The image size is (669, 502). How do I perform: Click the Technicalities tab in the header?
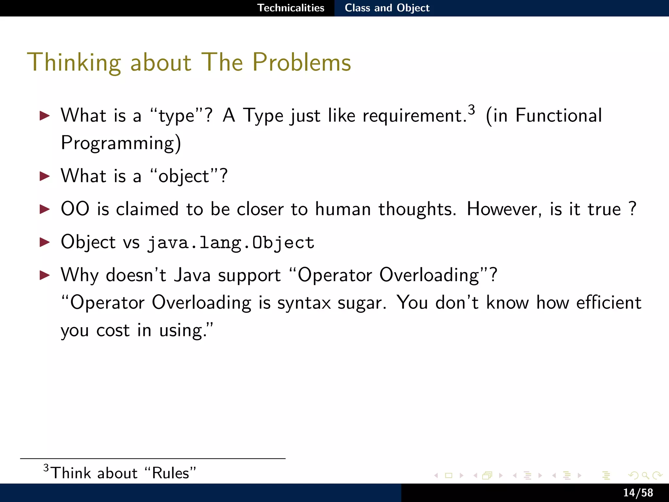(291, 8)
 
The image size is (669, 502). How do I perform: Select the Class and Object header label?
(387, 8)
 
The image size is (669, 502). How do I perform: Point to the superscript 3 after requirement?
(471, 110)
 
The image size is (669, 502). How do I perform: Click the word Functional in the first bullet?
(559, 115)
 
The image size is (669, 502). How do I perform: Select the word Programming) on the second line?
(121, 143)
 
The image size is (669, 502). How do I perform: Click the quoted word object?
(184, 176)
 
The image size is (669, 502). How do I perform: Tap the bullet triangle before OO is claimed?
(44, 209)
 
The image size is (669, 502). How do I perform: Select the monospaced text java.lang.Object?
(231, 243)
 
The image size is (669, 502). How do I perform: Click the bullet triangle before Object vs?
(44, 242)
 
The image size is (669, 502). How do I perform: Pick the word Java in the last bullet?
(192, 275)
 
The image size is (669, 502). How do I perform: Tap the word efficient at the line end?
(609, 303)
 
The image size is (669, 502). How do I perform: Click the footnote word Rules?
(171, 473)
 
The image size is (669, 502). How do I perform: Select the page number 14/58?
(638, 493)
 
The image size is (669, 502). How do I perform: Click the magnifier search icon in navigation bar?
(645, 476)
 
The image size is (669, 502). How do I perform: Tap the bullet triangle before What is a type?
(44, 115)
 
